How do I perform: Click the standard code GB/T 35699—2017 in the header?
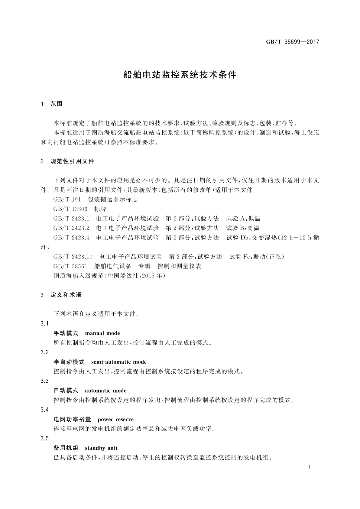tap(292, 42)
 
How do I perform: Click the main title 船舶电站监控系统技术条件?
tap(180, 75)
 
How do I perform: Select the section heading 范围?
tap(57, 104)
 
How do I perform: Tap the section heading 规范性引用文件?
tap(72, 161)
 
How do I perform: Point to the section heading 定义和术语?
tap(66, 295)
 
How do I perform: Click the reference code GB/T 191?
tap(67, 199)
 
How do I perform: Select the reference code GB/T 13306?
tap(70, 209)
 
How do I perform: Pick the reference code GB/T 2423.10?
tap(73, 257)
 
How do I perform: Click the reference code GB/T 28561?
tap(70, 266)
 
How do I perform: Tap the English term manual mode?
tap(102, 333)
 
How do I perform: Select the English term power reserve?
tap(115, 420)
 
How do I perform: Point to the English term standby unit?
tap(101, 448)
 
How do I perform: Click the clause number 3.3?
tap(45, 381)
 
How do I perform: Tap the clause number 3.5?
tap(45, 439)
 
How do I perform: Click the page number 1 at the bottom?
tap(310, 467)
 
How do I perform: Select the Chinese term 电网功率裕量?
tap(72, 420)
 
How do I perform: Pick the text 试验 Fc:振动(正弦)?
tap(257, 257)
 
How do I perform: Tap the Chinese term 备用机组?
tap(66, 448)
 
